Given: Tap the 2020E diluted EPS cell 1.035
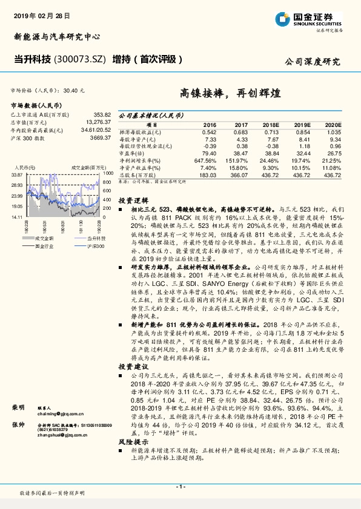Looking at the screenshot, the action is point(333,131).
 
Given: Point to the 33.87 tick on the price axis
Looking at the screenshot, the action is point(16,174).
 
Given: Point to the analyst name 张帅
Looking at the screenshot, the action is point(16,425).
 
